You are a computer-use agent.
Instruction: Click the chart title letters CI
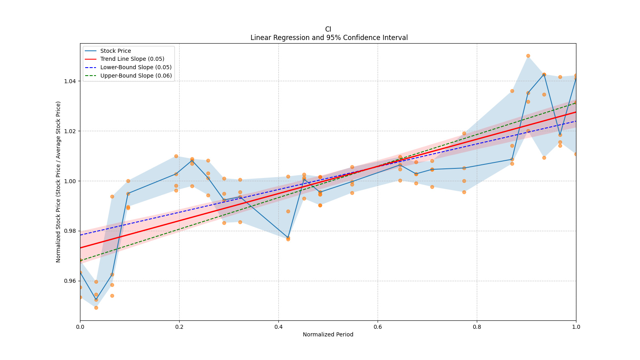(x=328, y=29)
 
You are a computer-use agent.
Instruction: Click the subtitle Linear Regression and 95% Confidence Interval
(x=329, y=38)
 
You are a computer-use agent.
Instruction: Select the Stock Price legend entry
(x=116, y=51)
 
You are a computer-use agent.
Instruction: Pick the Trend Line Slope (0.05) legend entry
(x=132, y=59)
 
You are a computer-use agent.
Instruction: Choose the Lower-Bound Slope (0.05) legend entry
(x=136, y=67)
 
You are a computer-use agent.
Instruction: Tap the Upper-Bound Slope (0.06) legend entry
(x=136, y=76)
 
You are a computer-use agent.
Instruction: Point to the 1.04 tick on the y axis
(x=71, y=81)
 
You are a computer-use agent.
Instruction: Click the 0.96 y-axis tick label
(x=71, y=281)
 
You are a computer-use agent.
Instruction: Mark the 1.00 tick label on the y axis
(x=71, y=181)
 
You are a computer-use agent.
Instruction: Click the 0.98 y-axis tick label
(x=71, y=231)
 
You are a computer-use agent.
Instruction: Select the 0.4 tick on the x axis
(x=278, y=327)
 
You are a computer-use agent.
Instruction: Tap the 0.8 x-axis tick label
(x=477, y=327)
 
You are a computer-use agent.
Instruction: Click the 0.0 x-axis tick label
(x=80, y=327)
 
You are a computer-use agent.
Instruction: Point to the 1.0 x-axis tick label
(x=576, y=327)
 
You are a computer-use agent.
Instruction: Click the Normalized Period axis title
(x=328, y=334)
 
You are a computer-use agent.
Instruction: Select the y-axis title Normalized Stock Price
(x=58, y=182)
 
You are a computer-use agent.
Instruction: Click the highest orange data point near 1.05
(x=528, y=56)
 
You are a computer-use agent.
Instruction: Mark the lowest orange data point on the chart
(x=96, y=308)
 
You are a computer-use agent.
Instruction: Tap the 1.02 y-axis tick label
(x=71, y=131)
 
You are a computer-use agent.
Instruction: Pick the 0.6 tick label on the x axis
(x=378, y=327)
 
